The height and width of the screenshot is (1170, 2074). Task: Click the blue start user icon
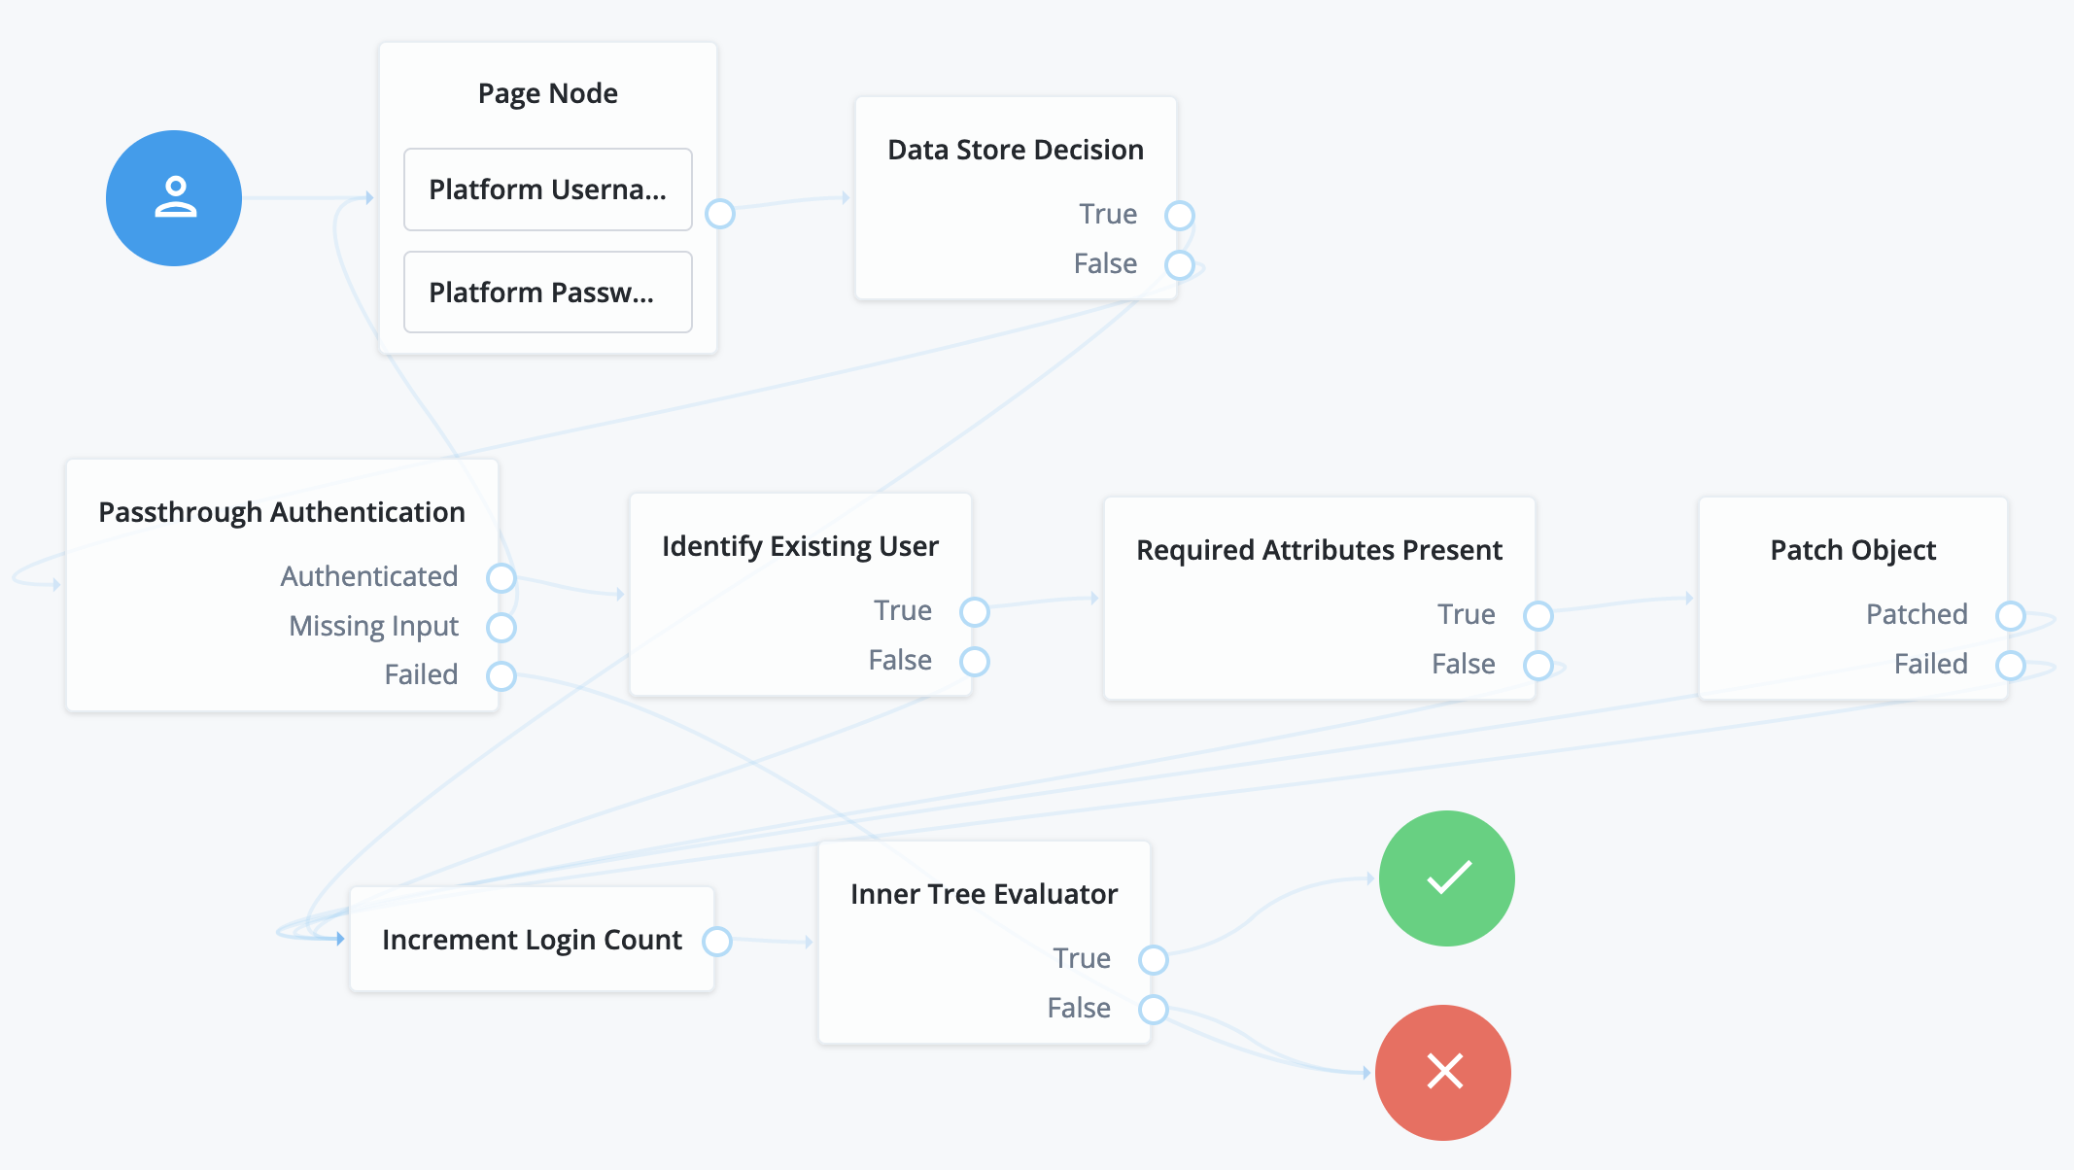pyautogui.click(x=174, y=198)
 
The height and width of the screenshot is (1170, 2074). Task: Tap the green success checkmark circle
pyautogui.click(x=1446, y=878)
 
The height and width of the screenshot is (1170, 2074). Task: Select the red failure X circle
pyautogui.click(x=1443, y=1073)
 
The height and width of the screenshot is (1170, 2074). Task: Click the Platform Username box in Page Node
pyautogui.click(x=548, y=189)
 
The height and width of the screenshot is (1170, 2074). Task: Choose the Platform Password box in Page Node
pyautogui.click(x=548, y=292)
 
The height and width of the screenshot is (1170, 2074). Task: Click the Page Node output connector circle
pyautogui.click(x=720, y=214)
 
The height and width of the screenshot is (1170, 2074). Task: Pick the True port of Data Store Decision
pyautogui.click(x=1180, y=215)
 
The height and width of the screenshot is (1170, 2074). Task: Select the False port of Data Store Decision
pyautogui.click(x=1180, y=264)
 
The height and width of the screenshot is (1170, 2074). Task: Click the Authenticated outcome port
pyautogui.click(x=501, y=577)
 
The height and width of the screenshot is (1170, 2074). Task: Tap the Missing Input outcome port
pyautogui.click(x=501, y=627)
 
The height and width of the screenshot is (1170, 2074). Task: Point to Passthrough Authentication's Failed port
pyautogui.click(x=501, y=675)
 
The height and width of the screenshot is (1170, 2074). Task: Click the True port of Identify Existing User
pyautogui.click(x=975, y=611)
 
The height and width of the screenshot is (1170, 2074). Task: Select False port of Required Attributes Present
pyautogui.click(x=1538, y=665)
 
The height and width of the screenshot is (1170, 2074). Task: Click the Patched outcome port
pyautogui.click(x=2011, y=615)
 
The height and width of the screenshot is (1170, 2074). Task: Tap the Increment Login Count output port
pyautogui.click(x=717, y=941)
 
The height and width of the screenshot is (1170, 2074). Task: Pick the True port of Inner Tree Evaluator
pyautogui.click(x=1154, y=959)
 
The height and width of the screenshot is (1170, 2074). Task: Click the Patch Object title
pyautogui.click(x=1852, y=550)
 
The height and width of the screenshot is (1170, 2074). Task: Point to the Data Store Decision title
pyautogui.click(x=1016, y=150)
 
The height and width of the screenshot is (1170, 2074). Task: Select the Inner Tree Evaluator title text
pyautogui.click(x=984, y=894)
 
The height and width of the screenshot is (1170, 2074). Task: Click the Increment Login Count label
pyautogui.click(x=532, y=940)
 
